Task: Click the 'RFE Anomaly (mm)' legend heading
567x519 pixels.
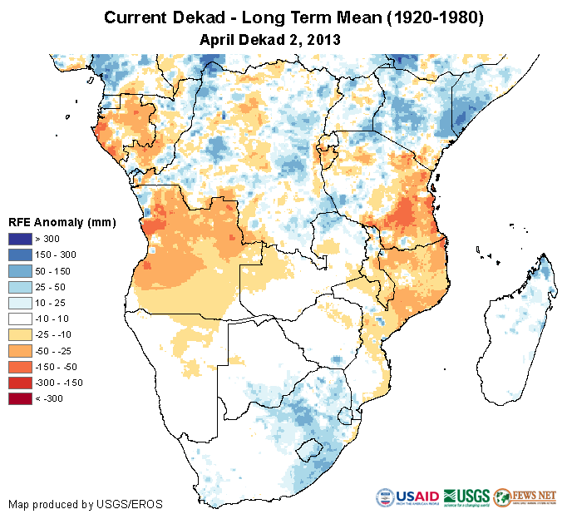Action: (62, 222)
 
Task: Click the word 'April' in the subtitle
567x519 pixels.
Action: (217, 39)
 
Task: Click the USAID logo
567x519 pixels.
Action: (407, 497)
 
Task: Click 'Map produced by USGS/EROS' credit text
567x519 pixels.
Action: (85, 504)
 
